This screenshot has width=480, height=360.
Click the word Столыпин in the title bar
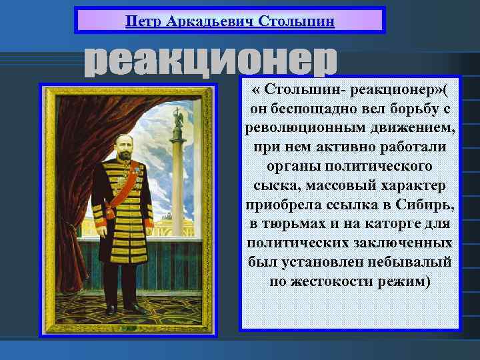[x=296, y=19]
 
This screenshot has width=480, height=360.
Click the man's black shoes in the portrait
[x=123, y=309]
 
